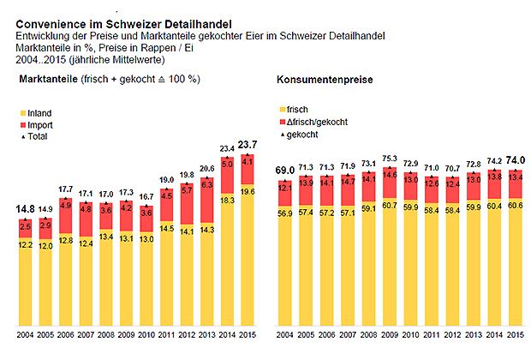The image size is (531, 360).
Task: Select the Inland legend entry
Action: [x=39, y=112]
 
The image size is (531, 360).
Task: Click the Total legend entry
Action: [x=38, y=135]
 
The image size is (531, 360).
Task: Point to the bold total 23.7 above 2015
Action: [x=247, y=145]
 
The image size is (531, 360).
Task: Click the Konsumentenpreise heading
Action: [x=316, y=81]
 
